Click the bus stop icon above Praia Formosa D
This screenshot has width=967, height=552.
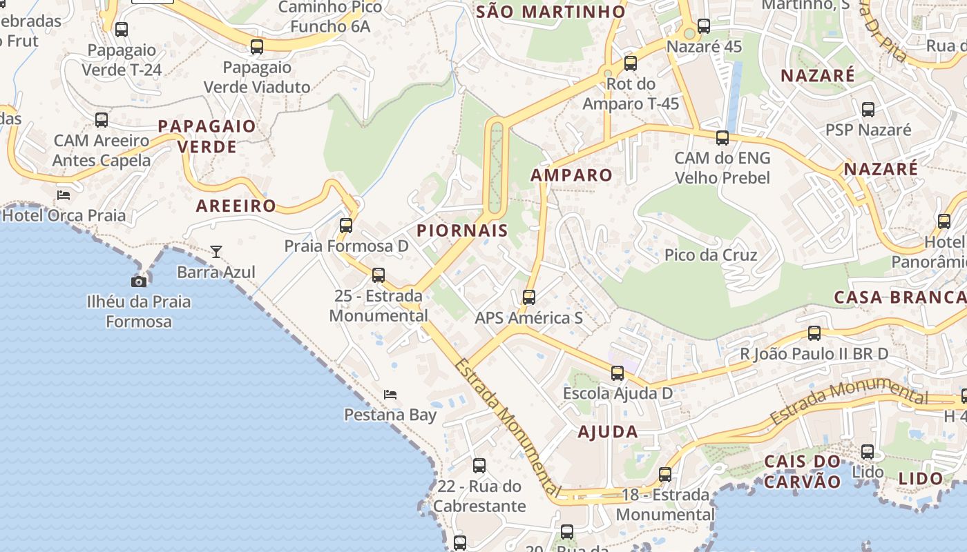click(346, 226)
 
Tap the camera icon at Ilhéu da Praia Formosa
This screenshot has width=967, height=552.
click(139, 281)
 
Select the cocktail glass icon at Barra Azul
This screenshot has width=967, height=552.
click(216, 252)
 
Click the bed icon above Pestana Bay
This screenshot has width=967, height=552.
click(390, 395)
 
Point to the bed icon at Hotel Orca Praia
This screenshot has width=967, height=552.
click(64, 195)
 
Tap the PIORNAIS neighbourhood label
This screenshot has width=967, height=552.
click(463, 230)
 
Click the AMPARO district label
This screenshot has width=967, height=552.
click(571, 175)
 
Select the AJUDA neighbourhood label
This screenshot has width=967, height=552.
click(608, 432)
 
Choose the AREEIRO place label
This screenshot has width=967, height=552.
click(236, 206)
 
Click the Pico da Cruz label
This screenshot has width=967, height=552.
click(711, 255)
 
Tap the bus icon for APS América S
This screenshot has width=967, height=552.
click(529, 297)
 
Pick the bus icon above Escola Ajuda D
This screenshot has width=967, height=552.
click(617, 373)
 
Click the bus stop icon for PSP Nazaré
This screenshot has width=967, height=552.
click(868, 110)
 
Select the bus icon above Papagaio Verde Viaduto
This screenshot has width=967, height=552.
click(257, 47)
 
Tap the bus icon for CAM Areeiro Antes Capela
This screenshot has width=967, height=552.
click(102, 120)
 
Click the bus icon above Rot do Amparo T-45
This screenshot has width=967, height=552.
click(631, 63)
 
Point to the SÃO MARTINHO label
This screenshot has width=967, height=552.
click(551, 12)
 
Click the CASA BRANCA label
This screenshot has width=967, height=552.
click(900, 297)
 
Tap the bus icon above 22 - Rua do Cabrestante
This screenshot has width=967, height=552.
click(479, 466)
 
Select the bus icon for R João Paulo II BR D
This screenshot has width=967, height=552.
click(814, 333)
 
